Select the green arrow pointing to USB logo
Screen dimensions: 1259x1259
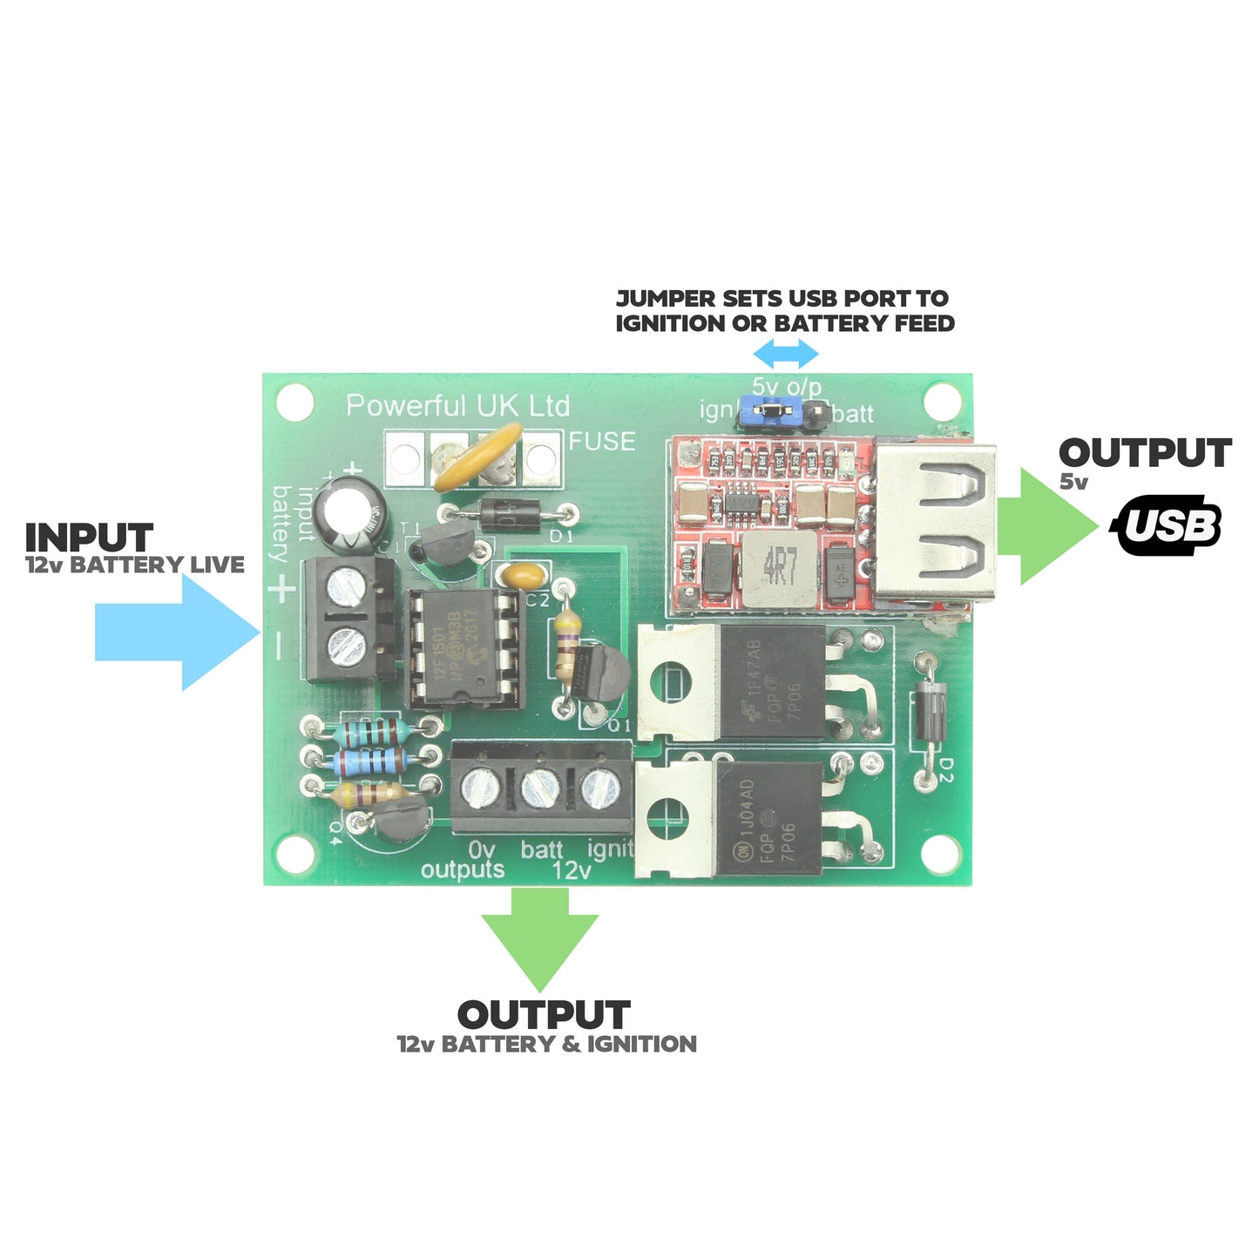(1046, 526)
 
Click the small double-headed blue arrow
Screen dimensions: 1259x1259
(785, 354)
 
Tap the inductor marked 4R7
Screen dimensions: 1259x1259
(778, 567)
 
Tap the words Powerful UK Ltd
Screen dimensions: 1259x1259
(457, 405)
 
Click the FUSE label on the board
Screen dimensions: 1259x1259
(602, 441)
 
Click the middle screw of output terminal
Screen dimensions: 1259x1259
(540, 788)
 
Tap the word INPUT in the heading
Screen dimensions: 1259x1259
(89, 537)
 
